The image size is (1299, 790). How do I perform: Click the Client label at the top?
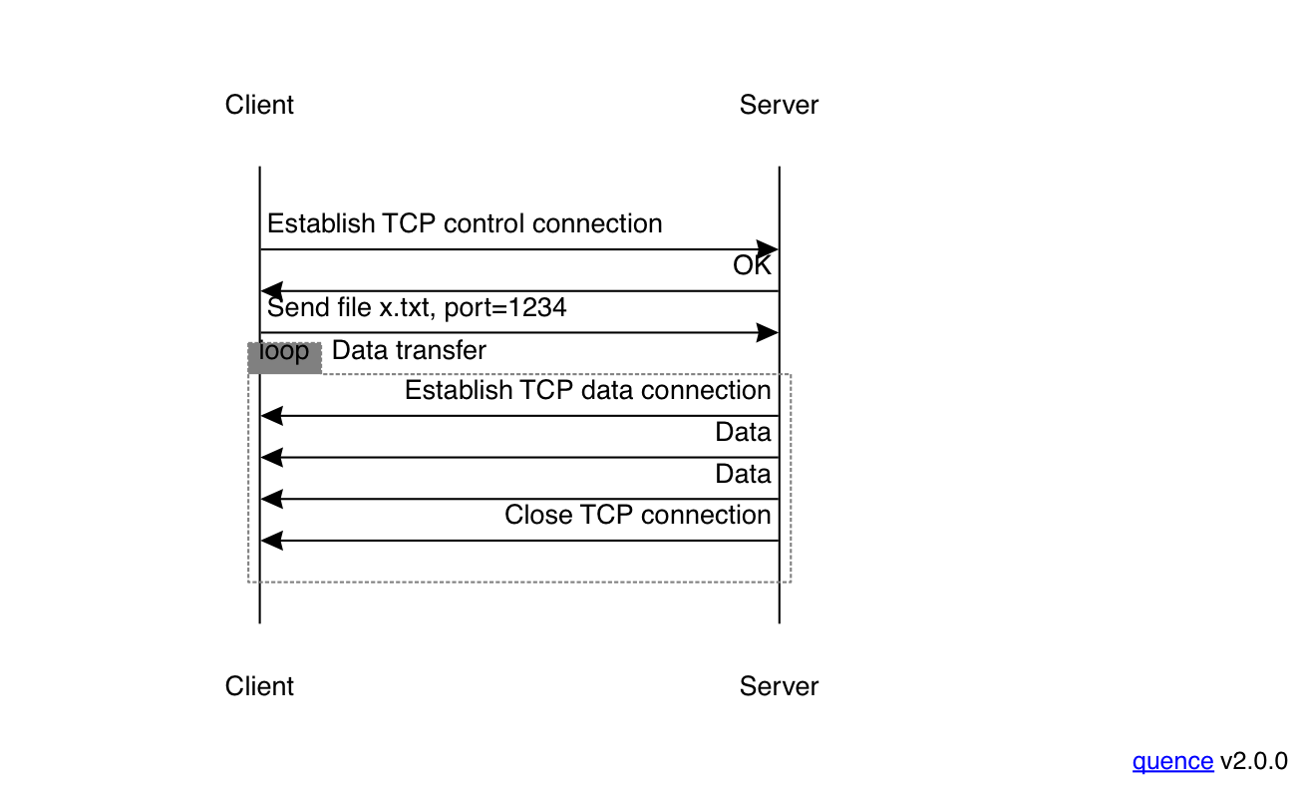(259, 105)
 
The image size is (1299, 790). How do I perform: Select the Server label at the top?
(779, 105)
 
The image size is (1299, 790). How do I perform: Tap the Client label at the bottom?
(259, 686)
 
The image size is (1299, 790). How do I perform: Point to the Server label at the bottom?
(779, 686)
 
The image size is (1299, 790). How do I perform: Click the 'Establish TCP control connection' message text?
(465, 223)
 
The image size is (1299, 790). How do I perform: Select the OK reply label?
(752, 265)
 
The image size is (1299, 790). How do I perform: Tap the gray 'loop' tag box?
(284, 357)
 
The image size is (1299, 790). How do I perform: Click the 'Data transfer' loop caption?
(409, 350)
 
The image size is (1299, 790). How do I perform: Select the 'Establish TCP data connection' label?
(587, 390)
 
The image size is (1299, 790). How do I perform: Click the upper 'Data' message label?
(743, 432)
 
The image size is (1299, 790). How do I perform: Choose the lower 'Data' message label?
(743, 474)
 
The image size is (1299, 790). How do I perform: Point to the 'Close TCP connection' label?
(637, 515)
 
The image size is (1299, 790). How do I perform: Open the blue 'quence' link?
(1172, 761)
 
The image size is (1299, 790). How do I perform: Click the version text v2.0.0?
(1253, 761)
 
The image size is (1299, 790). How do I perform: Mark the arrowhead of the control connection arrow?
(768, 249)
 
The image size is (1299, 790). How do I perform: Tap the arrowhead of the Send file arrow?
(768, 333)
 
